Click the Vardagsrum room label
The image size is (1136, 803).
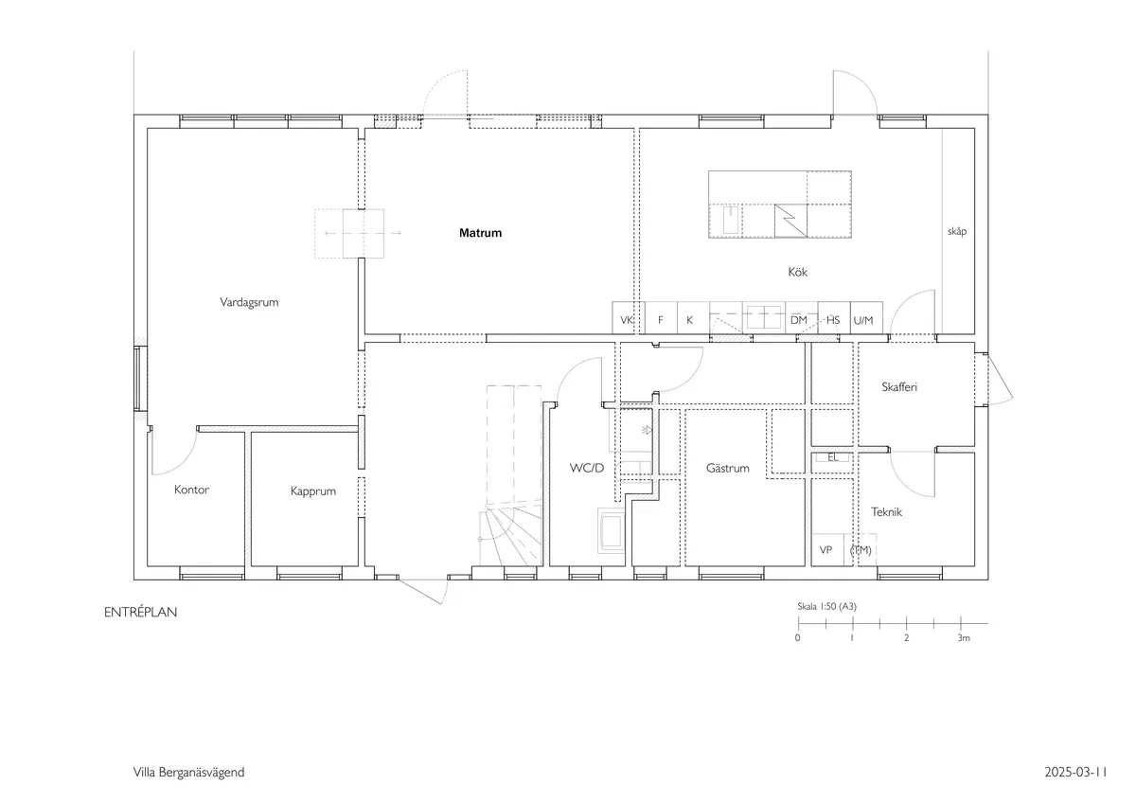249,303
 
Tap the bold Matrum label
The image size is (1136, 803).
480,233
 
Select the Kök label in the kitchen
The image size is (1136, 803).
797,273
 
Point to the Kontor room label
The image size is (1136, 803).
191,491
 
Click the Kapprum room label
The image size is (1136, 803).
313,492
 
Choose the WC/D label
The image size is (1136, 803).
586,469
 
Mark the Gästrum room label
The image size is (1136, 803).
728,469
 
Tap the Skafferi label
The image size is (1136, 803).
900,387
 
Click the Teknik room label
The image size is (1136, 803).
886,512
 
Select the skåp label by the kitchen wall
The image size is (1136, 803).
957,231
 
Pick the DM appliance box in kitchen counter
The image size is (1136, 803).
799,320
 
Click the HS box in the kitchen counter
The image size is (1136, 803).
833,320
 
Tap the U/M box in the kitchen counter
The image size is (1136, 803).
863,320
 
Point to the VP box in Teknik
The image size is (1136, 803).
825,550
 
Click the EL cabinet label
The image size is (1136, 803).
833,457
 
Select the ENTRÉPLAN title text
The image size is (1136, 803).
141,613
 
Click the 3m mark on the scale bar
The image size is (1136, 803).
963,638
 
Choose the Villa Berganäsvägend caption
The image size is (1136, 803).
188,773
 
